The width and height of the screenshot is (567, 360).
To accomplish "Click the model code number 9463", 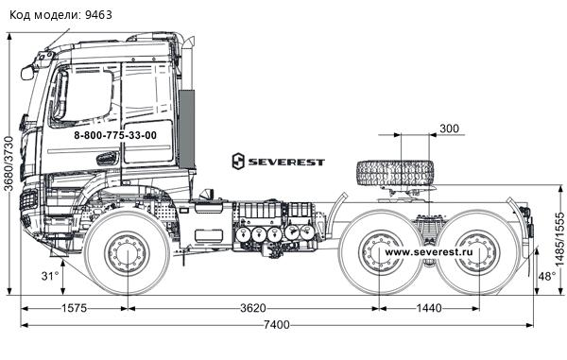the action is (x=98, y=15).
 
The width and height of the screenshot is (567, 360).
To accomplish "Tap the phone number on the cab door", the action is (x=115, y=135).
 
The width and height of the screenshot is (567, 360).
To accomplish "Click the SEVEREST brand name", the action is (x=286, y=162).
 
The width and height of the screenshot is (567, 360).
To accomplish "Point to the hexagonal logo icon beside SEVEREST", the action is (x=238, y=162).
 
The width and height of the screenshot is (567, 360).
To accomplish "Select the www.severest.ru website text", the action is (x=428, y=252).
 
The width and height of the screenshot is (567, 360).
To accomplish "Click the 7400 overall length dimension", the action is (x=277, y=325).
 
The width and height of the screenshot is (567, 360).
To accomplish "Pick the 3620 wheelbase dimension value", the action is (x=253, y=308).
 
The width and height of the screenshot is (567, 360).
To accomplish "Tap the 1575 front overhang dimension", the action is (x=74, y=308).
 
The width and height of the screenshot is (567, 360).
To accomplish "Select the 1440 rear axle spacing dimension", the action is (x=429, y=308).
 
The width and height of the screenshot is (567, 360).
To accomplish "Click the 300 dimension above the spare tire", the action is (x=450, y=129).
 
